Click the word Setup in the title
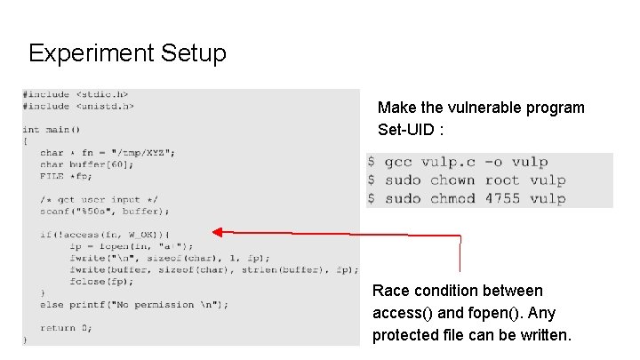click(194, 53)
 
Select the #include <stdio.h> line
click(76, 94)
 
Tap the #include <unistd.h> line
click(78, 106)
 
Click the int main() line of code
click(52, 129)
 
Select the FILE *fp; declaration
click(68, 175)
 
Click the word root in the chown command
click(503, 180)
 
